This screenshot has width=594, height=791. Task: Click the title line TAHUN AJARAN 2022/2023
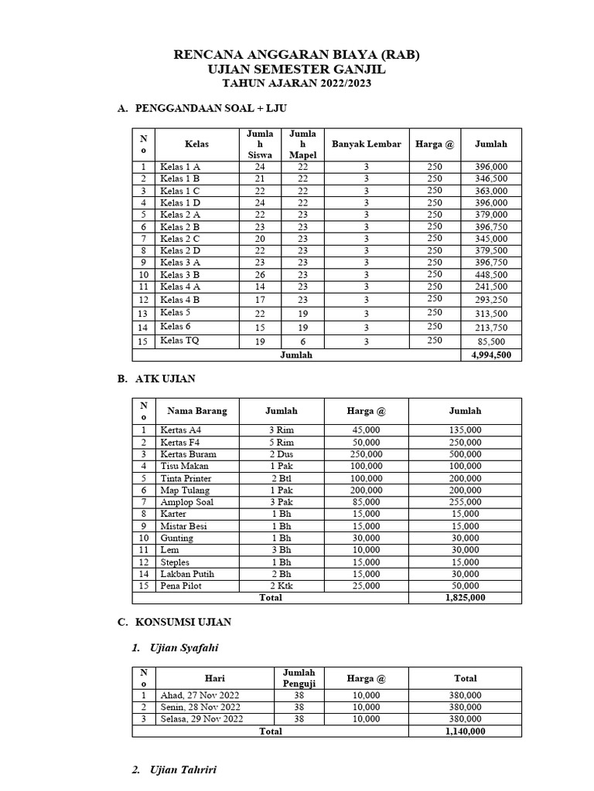pyautogui.click(x=296, y=83)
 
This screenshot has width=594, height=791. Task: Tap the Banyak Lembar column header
pyautogui.click(x=366, y=144)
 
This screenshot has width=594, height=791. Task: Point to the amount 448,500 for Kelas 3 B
pyautogui.click(x=491, y=274)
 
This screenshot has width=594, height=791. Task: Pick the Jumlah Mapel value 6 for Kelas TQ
pyautogui.click(x=302, y=341)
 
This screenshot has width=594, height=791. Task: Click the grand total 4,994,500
pyautogui.click(x=491, y=355)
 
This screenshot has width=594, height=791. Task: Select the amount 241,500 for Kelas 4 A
pyautogui.click(x=491, y=287)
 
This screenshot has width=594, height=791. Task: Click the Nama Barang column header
pyautogui.click(x=197, y=411)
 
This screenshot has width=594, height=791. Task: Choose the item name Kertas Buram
pyautogui.click(x=188, y=454)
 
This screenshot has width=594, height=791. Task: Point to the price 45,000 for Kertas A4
pyautogui.click(x=366, y=430)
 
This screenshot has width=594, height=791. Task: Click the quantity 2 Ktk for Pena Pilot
pyautogui.click(x=281, y=586)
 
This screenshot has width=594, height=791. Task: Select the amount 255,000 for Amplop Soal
pyautogui.click(x=465, y=502)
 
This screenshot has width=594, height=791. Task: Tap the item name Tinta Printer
pyautogui.click(x=188, y=478)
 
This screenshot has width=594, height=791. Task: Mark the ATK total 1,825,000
pyautogui.click(x=465, y=598)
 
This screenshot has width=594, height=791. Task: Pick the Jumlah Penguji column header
pyautogui.click(x=299, y=678)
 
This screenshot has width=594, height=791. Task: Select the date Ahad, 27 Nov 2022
pyautogui.click(x=200, y=695)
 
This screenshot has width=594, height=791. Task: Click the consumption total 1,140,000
pyautogui.click(x=465, y=731)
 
